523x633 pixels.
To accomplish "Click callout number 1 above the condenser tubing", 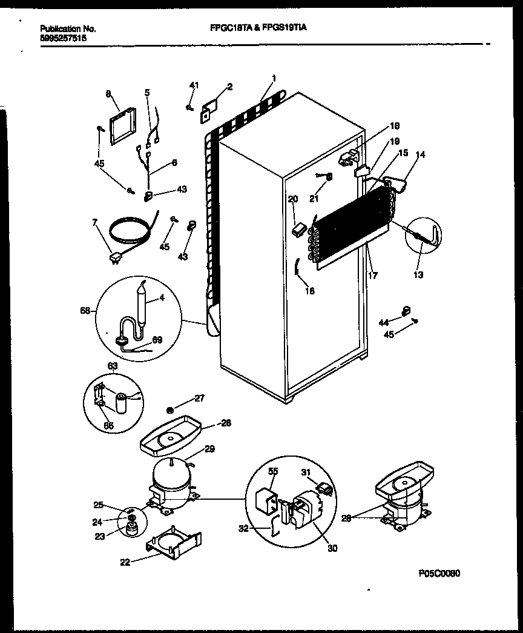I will [274, 78].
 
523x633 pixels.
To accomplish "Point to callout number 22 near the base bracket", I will [124, 562].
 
